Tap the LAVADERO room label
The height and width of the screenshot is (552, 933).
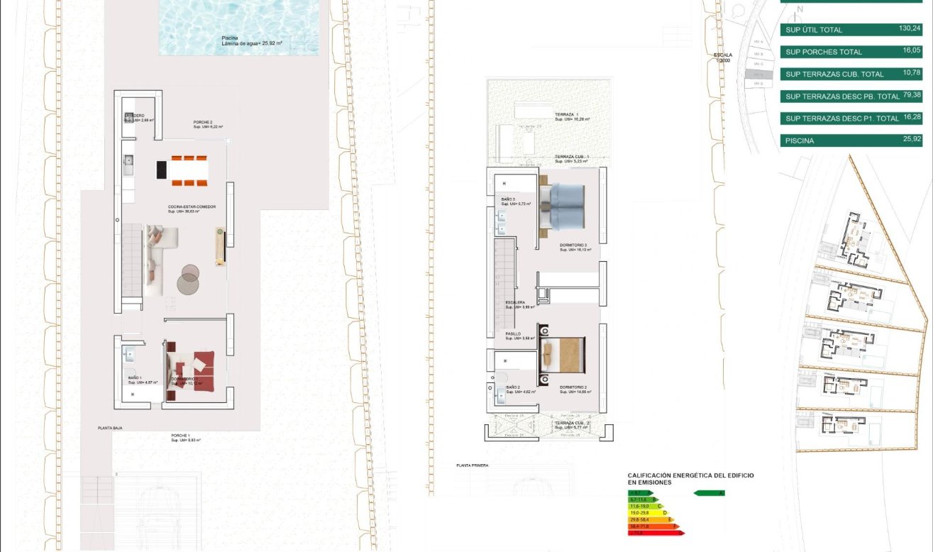coord(135,116)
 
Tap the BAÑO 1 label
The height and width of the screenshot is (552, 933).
coord(135,378)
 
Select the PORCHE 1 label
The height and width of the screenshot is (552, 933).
coord(181,435)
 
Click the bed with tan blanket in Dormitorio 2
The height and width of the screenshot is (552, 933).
coord(564,355)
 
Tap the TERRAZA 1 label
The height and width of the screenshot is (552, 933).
coord(567,114)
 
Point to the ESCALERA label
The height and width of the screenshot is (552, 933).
coord(515,302)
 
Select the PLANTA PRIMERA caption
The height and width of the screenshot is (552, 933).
coord(473,465)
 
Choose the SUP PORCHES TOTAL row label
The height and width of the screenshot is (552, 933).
coord(824,52)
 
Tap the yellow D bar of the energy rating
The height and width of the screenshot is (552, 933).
coord(647,512)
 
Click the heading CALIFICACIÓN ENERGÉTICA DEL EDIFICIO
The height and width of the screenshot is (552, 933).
coord(690,475)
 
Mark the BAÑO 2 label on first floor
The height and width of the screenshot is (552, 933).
coord(513,387)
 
